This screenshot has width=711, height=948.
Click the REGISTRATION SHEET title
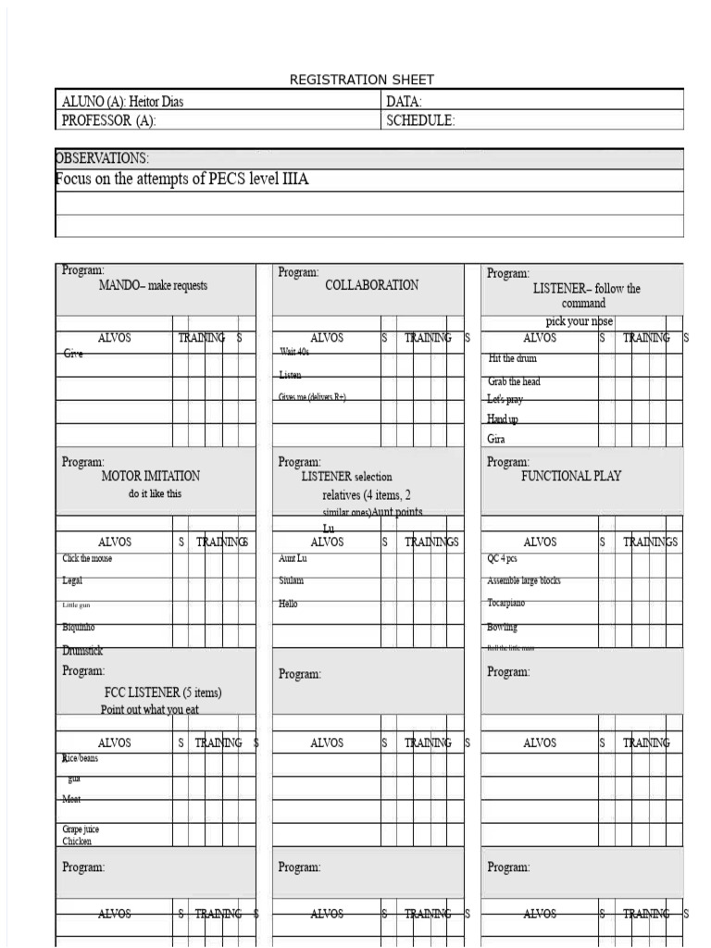(361, 80)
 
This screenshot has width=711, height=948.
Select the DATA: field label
(404, 102)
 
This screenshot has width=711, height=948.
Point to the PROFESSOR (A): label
(108, 120)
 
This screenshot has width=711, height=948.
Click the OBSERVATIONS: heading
(102, 158)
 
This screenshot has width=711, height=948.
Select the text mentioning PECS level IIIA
(182, 180)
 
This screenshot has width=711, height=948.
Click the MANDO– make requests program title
(153, 286)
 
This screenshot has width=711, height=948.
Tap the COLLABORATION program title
(371, 285)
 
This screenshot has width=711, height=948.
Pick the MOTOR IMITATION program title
(150, 476)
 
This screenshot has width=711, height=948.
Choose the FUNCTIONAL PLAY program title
(571, 476)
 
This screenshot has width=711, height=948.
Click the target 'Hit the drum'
(512, 358)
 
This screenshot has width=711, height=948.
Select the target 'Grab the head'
(514, 381)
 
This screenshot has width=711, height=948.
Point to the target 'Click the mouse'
(87, 558)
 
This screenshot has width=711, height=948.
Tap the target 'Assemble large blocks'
(523, 581)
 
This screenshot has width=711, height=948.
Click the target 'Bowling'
(502, 627)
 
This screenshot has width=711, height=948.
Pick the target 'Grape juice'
(81, 829)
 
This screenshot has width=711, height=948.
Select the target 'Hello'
(288, 604)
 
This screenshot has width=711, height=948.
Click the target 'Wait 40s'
(294, 353)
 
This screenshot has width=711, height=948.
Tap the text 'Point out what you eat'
(149, 710)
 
